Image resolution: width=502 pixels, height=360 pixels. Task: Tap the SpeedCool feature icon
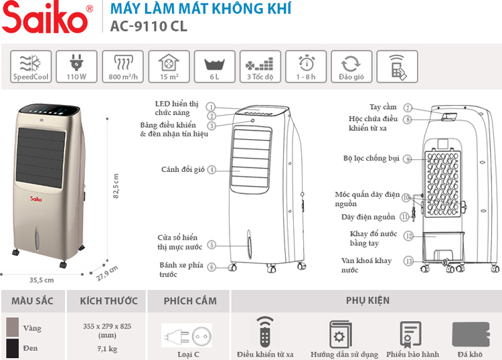coord(31,66)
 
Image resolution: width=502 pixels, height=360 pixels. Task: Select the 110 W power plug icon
coord(76,66)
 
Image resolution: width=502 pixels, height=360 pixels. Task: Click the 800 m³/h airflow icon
coord(122,66)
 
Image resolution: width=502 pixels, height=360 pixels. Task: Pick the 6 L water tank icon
coord(214,66)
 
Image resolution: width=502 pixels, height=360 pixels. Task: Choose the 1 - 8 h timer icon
coord(306,66)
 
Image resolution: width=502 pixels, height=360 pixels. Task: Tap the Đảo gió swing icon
coord(351,66)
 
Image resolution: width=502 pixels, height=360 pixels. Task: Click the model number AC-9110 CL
coord(149,26)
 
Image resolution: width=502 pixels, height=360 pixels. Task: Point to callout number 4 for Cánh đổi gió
coord(212,169)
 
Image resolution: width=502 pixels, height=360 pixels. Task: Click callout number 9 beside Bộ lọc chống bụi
coord(407,159)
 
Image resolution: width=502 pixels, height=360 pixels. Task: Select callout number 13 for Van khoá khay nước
coord(409,261)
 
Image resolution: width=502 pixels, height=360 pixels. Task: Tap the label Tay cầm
coord(383,107)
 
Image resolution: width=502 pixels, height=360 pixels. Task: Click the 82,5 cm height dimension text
coord(116,186)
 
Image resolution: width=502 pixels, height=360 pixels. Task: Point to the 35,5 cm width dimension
coord(41,280)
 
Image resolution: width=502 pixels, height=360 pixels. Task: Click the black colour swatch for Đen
coord(13,349)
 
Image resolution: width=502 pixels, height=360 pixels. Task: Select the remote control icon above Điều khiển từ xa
coord(265,332)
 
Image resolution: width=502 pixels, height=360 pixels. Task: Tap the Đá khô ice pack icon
coord(471,335)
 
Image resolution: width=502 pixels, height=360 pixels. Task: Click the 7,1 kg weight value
coord(107,349)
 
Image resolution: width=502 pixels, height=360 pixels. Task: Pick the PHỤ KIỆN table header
coord(367,300)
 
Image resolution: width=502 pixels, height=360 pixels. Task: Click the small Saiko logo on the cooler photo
coord(36,199)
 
